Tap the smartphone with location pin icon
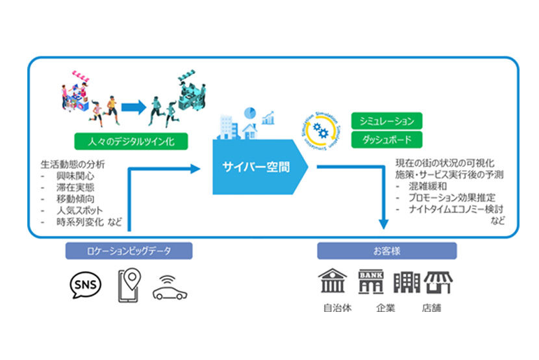pyautogui.click(x=129, y=285)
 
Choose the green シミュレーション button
pyautogui.click(x=386, y=121)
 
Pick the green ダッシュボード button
pyautogui.click(x=386, y=140)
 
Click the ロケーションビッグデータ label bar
pyautogui.click(x=129, y=250)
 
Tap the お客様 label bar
pyautogui.click(x=386, y=250)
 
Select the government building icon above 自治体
pyautogui.click(x=332, y=281)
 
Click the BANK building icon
pyautogui.click(x=371, y=281)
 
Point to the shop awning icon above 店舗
pyautogui.click(x=439, y=281)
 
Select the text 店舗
pyautogui.click(x=431, y=308)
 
